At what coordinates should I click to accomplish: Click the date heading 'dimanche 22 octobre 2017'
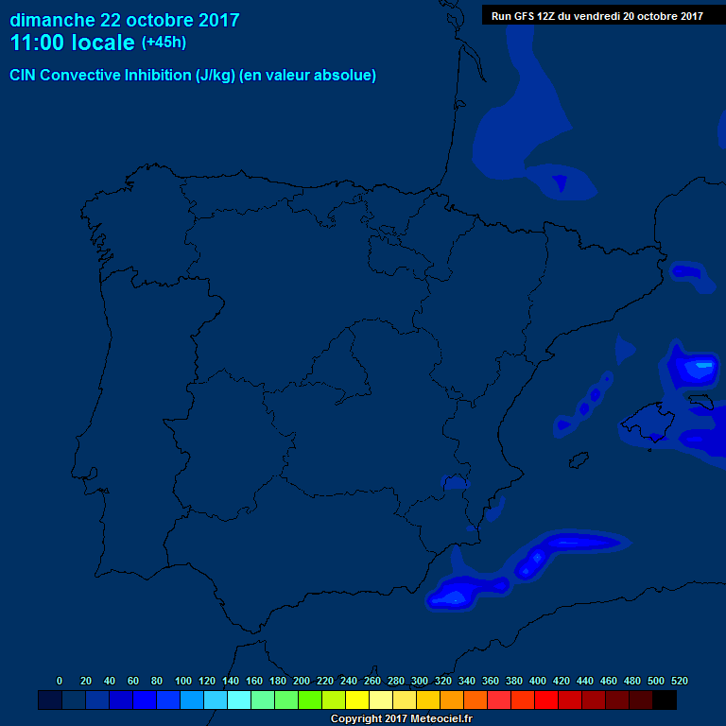point(125,20)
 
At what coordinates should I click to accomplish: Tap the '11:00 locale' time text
point(72,43)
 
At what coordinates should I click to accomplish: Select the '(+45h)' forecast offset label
point(164,43)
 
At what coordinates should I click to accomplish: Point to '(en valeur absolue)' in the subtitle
point(308,76)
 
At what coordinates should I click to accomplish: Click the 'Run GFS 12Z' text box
point(596,15)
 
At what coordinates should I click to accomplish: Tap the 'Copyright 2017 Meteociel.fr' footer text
point(401,718)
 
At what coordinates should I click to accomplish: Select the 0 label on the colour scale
point(60,681)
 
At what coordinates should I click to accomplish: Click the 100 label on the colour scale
point(183,681)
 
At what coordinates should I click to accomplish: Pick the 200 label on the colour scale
point(302,681)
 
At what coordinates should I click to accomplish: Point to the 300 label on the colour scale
point(420,681)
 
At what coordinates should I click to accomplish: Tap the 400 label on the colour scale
point(538,681)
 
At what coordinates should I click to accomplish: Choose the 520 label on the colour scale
point(679,681)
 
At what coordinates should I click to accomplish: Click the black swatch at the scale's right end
point(665,700)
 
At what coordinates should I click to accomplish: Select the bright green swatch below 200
point(310,700)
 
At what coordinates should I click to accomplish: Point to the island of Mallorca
point(648,419)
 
